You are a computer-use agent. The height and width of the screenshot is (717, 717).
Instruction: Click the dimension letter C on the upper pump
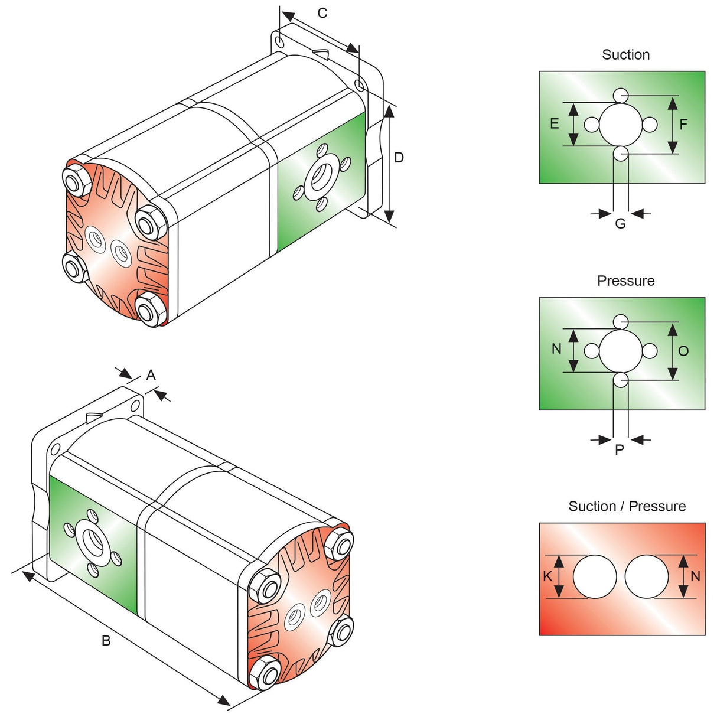pyautogui.click(x=322, y=13)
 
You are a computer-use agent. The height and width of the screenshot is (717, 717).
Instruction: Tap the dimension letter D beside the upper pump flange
pyautogui.click(x=399, y=158)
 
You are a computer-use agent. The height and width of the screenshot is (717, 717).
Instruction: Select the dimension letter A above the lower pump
pyautogui.click(x=151, y=375)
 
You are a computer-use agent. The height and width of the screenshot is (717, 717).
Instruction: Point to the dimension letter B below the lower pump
pyautogui.click(x=106, y=641)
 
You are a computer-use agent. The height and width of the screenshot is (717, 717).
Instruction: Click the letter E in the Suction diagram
pyautogui.click(x=554, y=124)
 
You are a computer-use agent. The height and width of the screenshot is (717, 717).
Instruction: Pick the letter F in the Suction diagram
pyautogui.click(x=683, y=125)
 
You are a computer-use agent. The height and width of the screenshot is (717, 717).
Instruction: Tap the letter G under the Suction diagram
pyautogui.click(x=620, y=224)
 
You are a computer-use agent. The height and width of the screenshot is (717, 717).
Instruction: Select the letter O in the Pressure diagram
pyautogui.click(x=683, y=351)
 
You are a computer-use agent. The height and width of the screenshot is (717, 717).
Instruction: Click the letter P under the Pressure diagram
pyautogui.click(x=620, y=450)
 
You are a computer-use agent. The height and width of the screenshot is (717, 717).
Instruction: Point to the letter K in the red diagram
pyautogui.click(x=547, y=576)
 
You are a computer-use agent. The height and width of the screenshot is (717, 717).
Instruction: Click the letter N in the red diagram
pyautogui.click(x=695, y=576)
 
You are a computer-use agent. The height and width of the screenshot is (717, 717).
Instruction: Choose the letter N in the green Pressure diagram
pyautogui.click(x=556, y=349)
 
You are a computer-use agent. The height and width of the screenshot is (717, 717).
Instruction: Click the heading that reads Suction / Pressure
pyautogui.click(x=627, y=506)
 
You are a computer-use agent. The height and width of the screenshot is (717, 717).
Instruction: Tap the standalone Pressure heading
pyautogui.click(x=625, y=281)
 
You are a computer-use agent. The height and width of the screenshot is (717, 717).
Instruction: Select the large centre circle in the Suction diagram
pyautogui.click(x=620, y=125)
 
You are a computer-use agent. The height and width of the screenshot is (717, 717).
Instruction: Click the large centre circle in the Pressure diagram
pyautogui.click(x=620, y=351)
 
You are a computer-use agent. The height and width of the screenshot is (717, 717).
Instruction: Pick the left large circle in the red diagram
pyautogui.click(x=595, y=576)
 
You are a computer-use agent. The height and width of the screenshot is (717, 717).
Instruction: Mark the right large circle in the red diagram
pyautogui.click(x=647, y=576)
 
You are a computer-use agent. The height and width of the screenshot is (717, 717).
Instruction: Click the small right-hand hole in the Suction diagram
pyautogui.click(x=650, y=125)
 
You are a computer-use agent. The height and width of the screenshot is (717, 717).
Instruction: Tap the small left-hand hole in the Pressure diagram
pyautogui.click(x=591, y=351)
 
